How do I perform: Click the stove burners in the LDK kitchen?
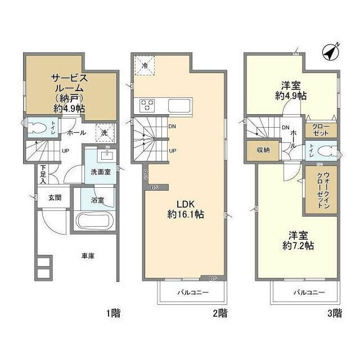tap(148, 105)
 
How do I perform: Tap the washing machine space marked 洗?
tap(105, 133)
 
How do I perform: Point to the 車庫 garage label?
tap(87, 256)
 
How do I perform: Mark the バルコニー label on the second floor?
tap(193, 292)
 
